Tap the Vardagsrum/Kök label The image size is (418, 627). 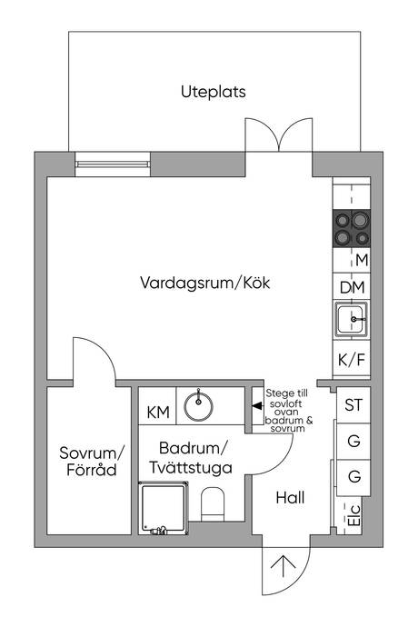tap(205, 283)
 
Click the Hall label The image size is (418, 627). tap(291, 498)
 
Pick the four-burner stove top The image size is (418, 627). tap(351, 228)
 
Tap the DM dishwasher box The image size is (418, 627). tap(352, 288)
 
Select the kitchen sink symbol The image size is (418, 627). tap(350, 320)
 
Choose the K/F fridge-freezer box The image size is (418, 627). tap(352, 360)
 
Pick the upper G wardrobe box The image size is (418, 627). tap(353, 441)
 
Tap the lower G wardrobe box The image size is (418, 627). tap(353, 476)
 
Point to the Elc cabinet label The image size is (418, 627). tap(352, 519)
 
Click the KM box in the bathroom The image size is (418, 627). tap(157, 413)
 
